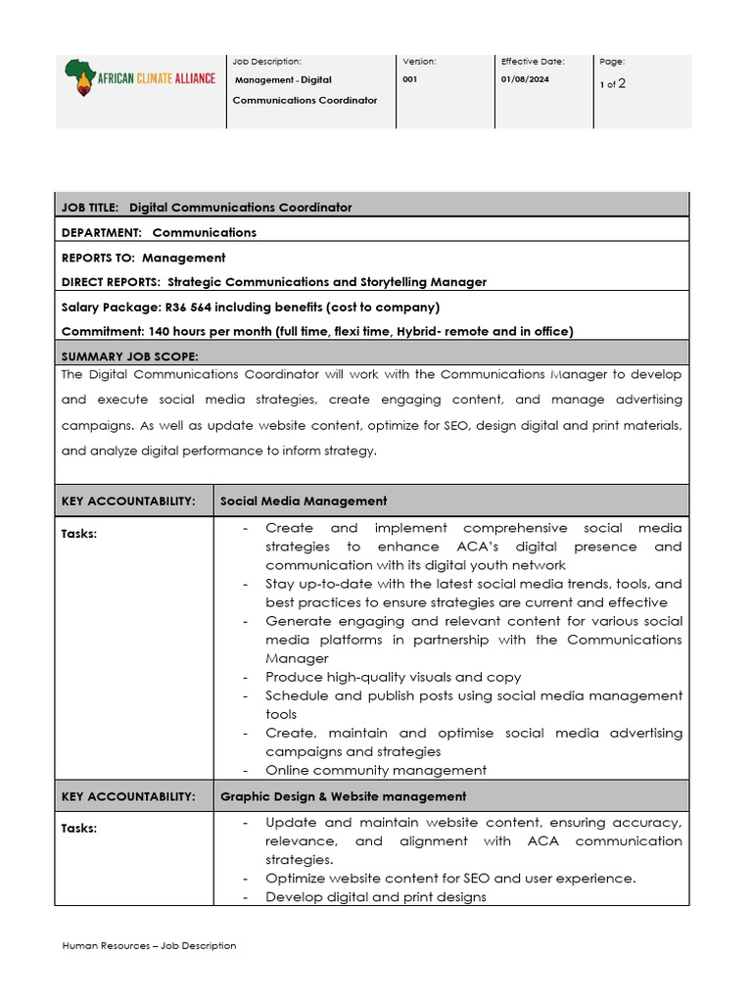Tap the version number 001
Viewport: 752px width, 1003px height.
[409, 79]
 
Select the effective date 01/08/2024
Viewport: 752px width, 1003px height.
[525, 79]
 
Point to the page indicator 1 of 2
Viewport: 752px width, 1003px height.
[613, 84]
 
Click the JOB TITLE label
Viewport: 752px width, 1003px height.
[90, 208]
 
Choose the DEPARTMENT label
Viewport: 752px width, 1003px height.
[101, 233]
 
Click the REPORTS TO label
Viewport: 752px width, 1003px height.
[98, 258]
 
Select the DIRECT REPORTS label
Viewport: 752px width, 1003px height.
[112, 282]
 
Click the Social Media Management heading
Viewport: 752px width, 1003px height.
[304, 501]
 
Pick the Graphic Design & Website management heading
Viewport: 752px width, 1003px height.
[343, 797]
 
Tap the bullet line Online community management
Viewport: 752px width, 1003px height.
[376, 771]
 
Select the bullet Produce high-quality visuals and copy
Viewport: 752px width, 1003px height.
[393, 678]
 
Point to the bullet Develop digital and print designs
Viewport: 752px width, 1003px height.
[376, 897]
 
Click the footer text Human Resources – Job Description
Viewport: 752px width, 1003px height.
[149, 946]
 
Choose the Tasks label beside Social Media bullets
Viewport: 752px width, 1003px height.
[79, 534]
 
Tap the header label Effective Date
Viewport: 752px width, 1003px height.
[533, 62]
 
